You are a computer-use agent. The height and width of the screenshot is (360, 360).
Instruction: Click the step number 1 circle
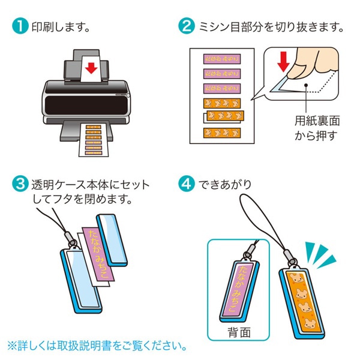(20, 27)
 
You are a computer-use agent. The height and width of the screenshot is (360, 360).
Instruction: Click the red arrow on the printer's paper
(91, 68)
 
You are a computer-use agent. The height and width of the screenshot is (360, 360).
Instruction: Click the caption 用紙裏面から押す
(317, 127)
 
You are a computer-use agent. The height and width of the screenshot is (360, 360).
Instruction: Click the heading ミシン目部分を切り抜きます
(270, 28)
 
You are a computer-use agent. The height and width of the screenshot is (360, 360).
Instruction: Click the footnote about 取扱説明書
(96, 346)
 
